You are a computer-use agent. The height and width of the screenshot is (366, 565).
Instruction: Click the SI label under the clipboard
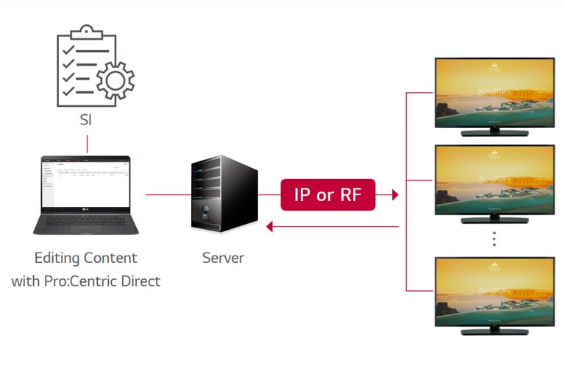click(x=86, y=119)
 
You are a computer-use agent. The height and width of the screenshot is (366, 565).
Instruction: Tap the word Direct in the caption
click(x=141, y=281)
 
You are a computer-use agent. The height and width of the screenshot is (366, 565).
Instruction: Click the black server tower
click(x=224, y=194)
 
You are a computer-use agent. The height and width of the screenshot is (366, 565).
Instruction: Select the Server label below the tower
click(x=223, y=258)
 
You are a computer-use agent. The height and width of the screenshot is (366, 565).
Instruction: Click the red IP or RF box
click(x=327, y=195)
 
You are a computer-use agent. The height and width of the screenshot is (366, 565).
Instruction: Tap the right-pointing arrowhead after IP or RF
click(x=394, y=195)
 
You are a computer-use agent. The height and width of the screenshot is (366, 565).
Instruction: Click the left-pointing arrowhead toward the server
click(x=270, y=227)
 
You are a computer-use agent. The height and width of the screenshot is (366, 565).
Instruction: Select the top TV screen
click(x=494, y=93)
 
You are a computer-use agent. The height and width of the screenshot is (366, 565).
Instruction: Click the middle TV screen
click(x=494, y=179)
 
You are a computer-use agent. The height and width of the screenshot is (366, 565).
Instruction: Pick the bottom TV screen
click(x=494, y=292)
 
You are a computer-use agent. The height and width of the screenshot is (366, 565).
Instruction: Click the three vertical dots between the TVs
click(x=494, y=239)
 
